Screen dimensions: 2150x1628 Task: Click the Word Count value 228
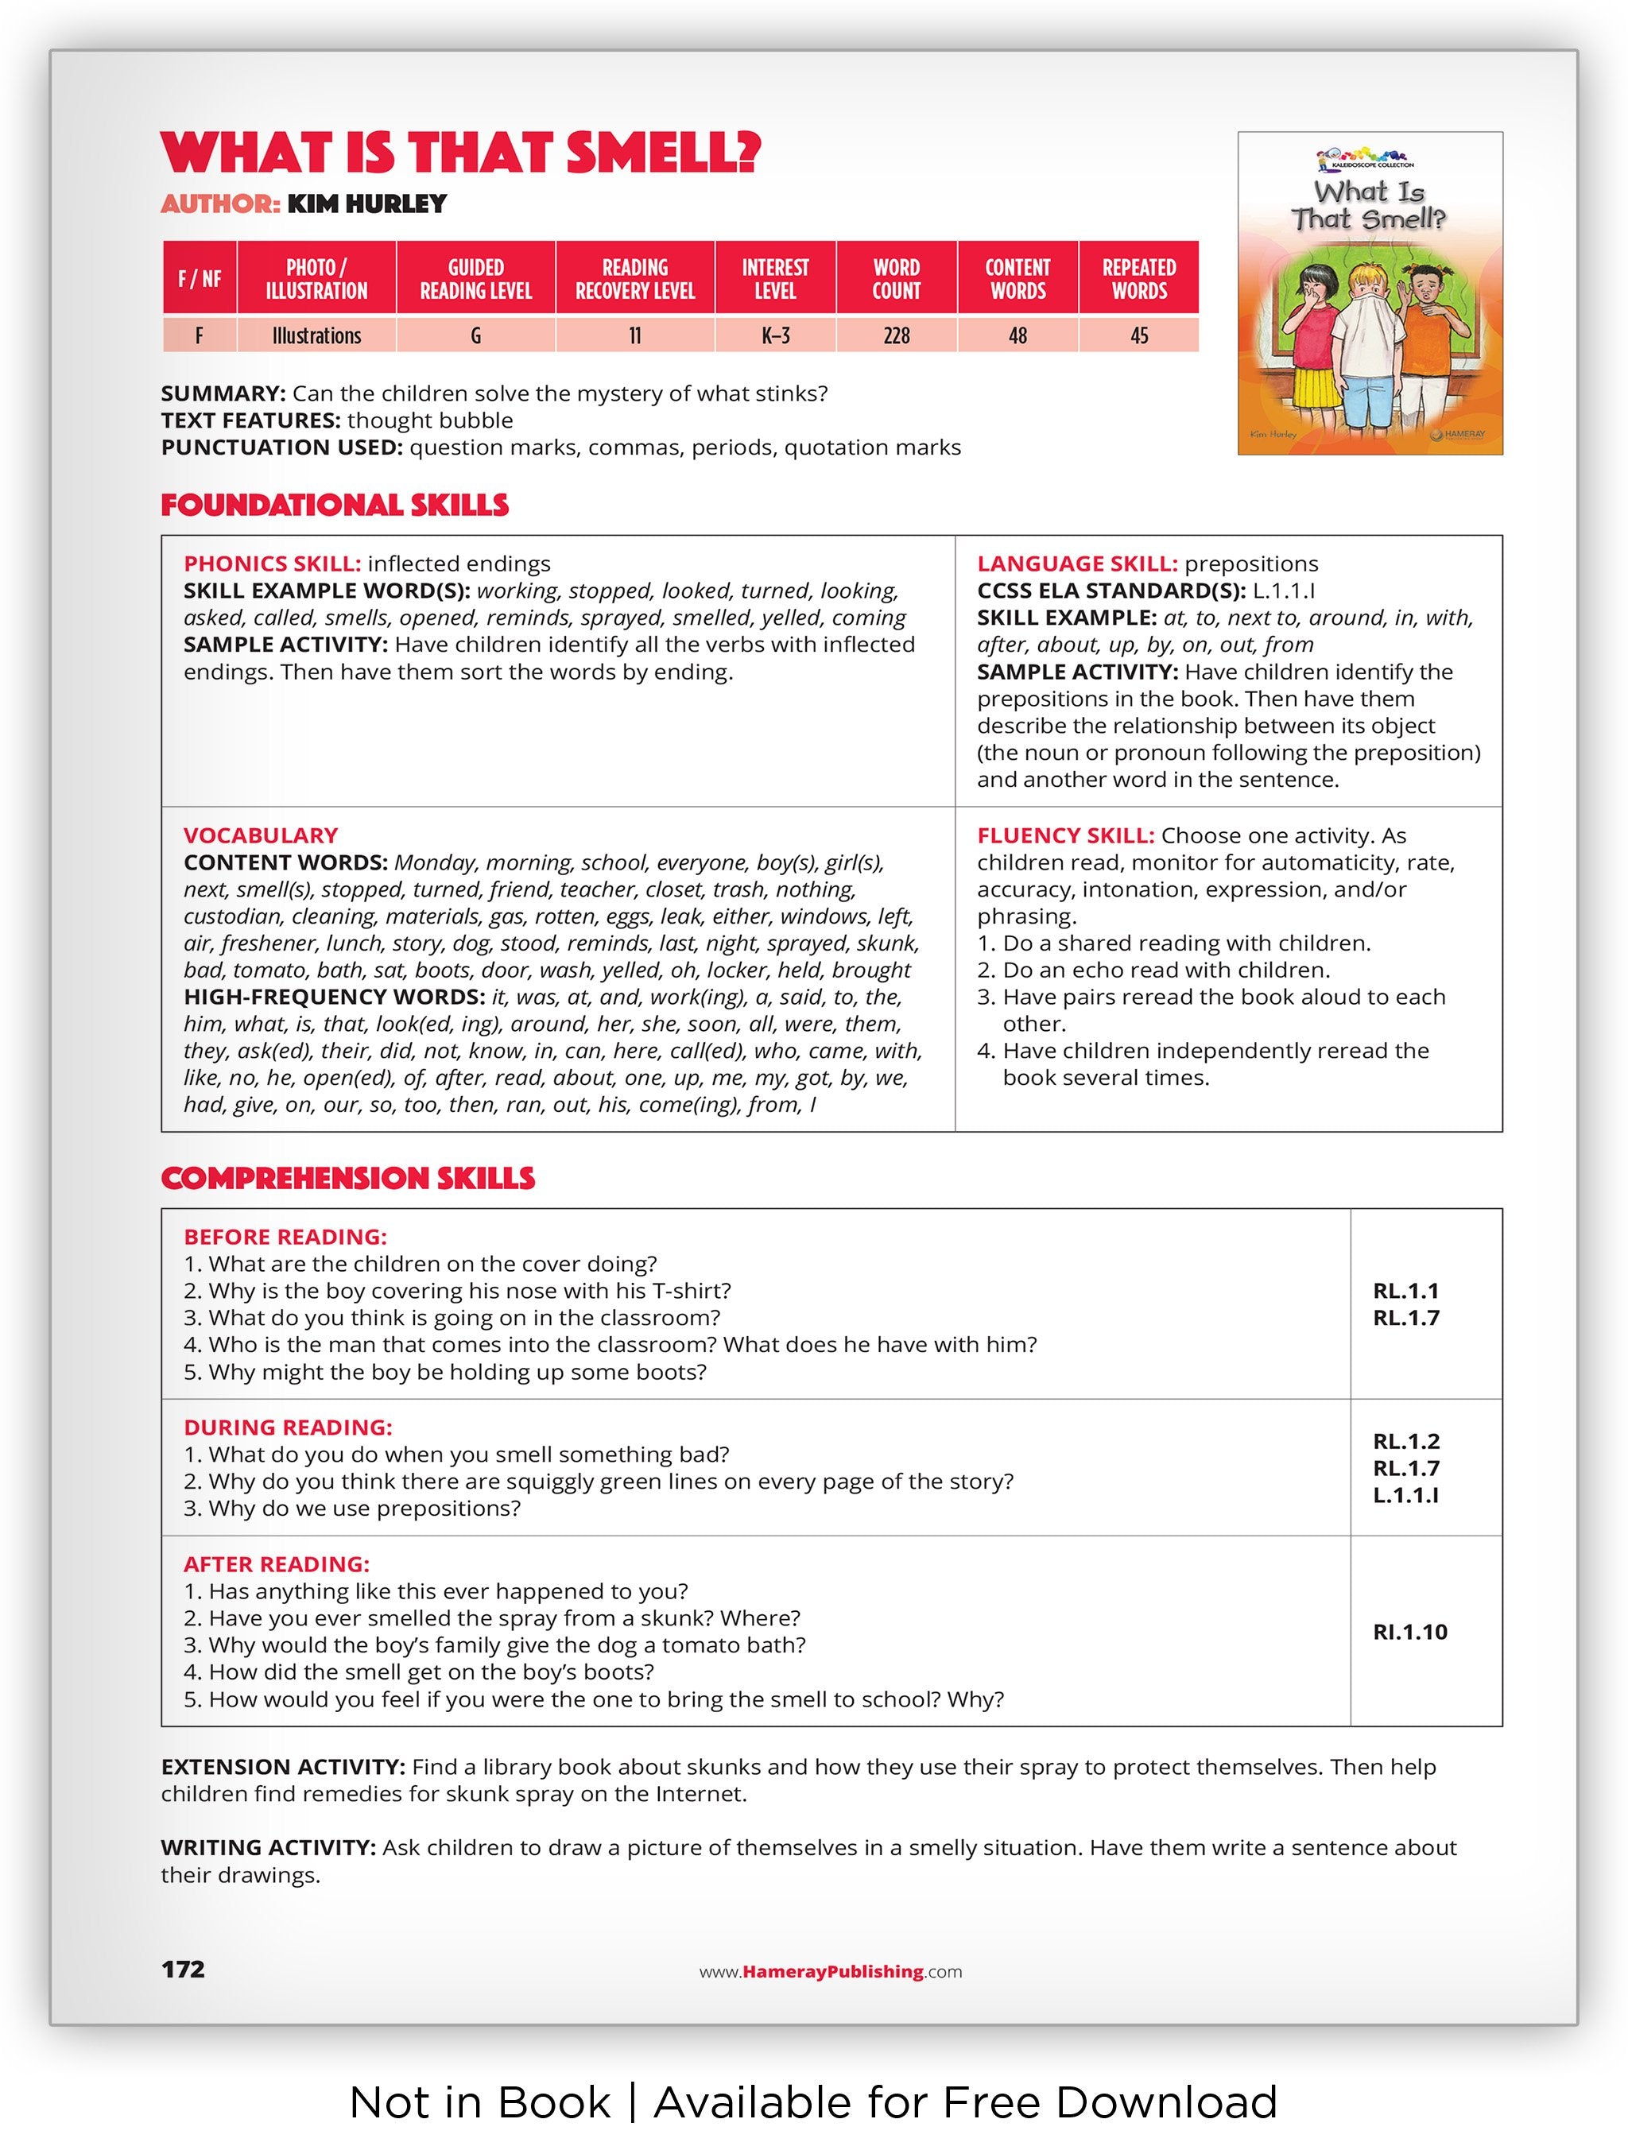895,336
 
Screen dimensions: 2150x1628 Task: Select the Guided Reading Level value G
475,336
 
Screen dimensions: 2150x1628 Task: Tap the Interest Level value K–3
774,336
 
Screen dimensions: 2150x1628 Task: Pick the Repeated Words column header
1138,279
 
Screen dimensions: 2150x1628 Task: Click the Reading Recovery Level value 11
634,336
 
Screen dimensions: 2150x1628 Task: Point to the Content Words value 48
1017,336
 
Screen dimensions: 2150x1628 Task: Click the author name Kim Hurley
366,204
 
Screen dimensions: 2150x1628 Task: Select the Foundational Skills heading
335,506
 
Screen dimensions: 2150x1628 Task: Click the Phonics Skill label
272,564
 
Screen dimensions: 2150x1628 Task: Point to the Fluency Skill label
1065,836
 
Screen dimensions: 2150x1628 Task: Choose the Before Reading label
285,1238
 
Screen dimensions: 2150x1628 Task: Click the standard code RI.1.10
1409,1632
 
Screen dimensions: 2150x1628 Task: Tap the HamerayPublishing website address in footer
830,1971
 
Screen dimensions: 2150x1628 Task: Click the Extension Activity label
283,1767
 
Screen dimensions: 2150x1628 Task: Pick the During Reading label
288,1428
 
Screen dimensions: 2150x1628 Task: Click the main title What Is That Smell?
461,153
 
